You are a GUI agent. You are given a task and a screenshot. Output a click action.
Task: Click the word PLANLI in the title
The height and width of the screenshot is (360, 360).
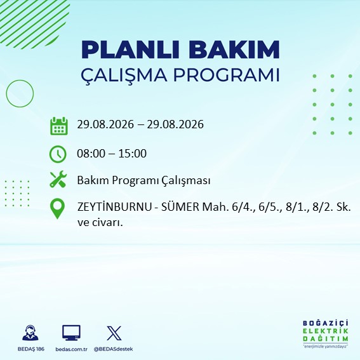coord(130,50)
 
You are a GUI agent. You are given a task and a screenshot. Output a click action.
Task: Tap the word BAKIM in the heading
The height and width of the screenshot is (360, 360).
coord(234,50)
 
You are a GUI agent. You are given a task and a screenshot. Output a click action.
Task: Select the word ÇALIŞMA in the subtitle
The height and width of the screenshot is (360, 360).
coord(124,75)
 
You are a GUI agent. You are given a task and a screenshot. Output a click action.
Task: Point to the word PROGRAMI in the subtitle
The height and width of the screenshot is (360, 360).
coord(227,75)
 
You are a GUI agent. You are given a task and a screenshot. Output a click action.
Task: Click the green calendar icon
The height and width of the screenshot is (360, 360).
coord(59,126)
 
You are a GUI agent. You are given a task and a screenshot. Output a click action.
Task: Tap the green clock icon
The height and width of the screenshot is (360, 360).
coord(58,154)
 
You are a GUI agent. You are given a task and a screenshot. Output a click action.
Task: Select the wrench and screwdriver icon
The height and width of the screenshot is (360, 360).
coord(58,179)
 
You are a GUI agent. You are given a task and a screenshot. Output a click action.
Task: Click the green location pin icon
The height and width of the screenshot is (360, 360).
coord(57,208)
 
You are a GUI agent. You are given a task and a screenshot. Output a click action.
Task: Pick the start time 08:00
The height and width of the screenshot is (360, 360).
coord(91,154)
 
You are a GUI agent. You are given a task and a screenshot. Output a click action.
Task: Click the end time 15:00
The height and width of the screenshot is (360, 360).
coord(133,154)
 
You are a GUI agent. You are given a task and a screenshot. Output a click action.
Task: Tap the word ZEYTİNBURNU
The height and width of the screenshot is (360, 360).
coord(114,207)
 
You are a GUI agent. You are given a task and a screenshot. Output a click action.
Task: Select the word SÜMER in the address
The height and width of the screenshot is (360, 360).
coord(180,207)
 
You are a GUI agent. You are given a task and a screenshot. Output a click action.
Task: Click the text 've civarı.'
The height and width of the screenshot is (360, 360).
coord(100,223)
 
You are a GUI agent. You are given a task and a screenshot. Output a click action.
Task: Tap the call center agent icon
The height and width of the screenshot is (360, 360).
coord(30,333)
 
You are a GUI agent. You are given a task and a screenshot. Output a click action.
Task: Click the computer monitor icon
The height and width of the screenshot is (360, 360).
coord(71,333)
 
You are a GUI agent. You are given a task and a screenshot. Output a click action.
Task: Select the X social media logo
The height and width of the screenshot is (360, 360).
coord(114,333)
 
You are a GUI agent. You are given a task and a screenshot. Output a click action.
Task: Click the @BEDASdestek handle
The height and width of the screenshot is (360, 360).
coord(113,349)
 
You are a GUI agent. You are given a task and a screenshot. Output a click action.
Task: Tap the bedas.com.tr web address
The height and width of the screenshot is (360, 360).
coord(71,349)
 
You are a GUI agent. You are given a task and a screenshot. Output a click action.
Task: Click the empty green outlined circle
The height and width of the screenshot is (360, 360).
coord(6,94)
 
